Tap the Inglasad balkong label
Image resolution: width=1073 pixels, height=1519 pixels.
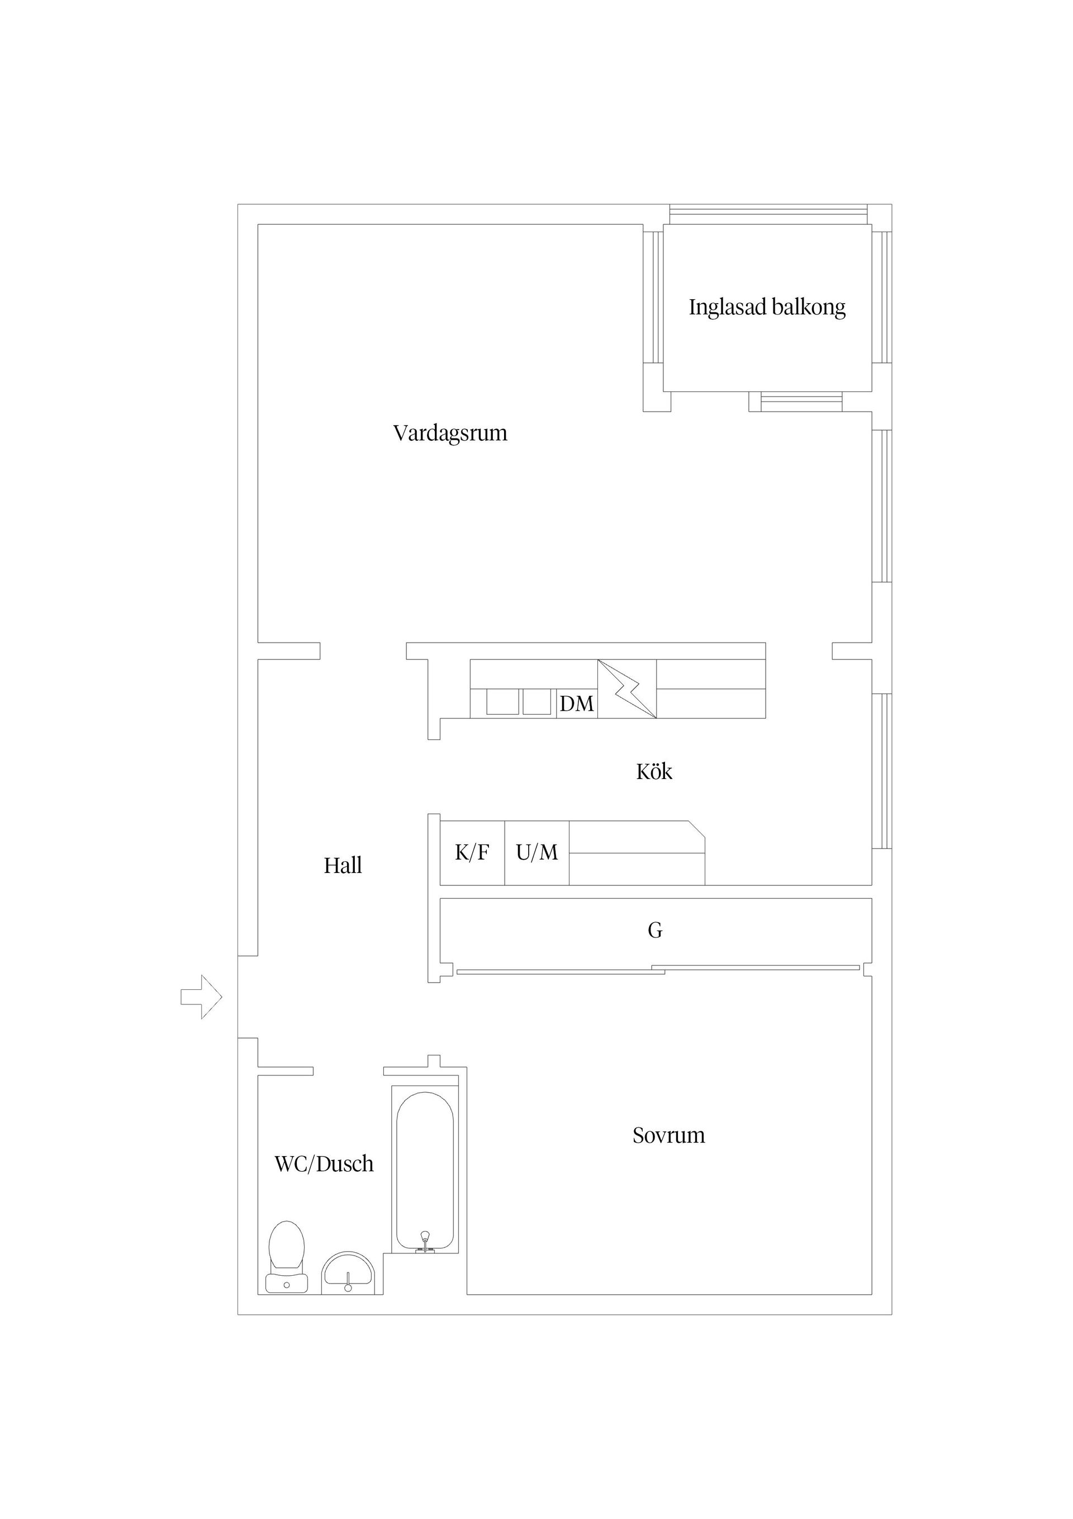(767, 307)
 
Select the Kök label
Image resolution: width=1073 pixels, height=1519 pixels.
(654, 771)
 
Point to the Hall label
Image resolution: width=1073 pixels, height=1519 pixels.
(343, 865)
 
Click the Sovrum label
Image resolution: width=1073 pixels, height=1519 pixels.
(668, 1135)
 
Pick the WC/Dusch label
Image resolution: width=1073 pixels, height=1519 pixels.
(324, 1164)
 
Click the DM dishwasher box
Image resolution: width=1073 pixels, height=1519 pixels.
(577, 703)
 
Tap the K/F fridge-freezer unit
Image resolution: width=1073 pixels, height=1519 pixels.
(472, 853)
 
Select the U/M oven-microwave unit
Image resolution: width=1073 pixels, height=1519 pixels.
(537, 853)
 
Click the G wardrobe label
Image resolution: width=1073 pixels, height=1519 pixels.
(654, 931)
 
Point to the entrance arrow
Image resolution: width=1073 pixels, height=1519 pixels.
(201, 997)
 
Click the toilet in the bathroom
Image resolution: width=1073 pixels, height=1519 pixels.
(286, 1256)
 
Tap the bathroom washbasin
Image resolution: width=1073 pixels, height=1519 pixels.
(348, 1274)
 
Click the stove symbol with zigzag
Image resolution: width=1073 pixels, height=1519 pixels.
(626, 688)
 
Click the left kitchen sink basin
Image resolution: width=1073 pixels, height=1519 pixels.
(502, 702)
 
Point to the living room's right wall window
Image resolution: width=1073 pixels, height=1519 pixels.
(881, 506)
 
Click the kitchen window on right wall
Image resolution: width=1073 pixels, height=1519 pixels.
(881, 771)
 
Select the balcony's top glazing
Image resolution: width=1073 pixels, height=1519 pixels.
(767, 214)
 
